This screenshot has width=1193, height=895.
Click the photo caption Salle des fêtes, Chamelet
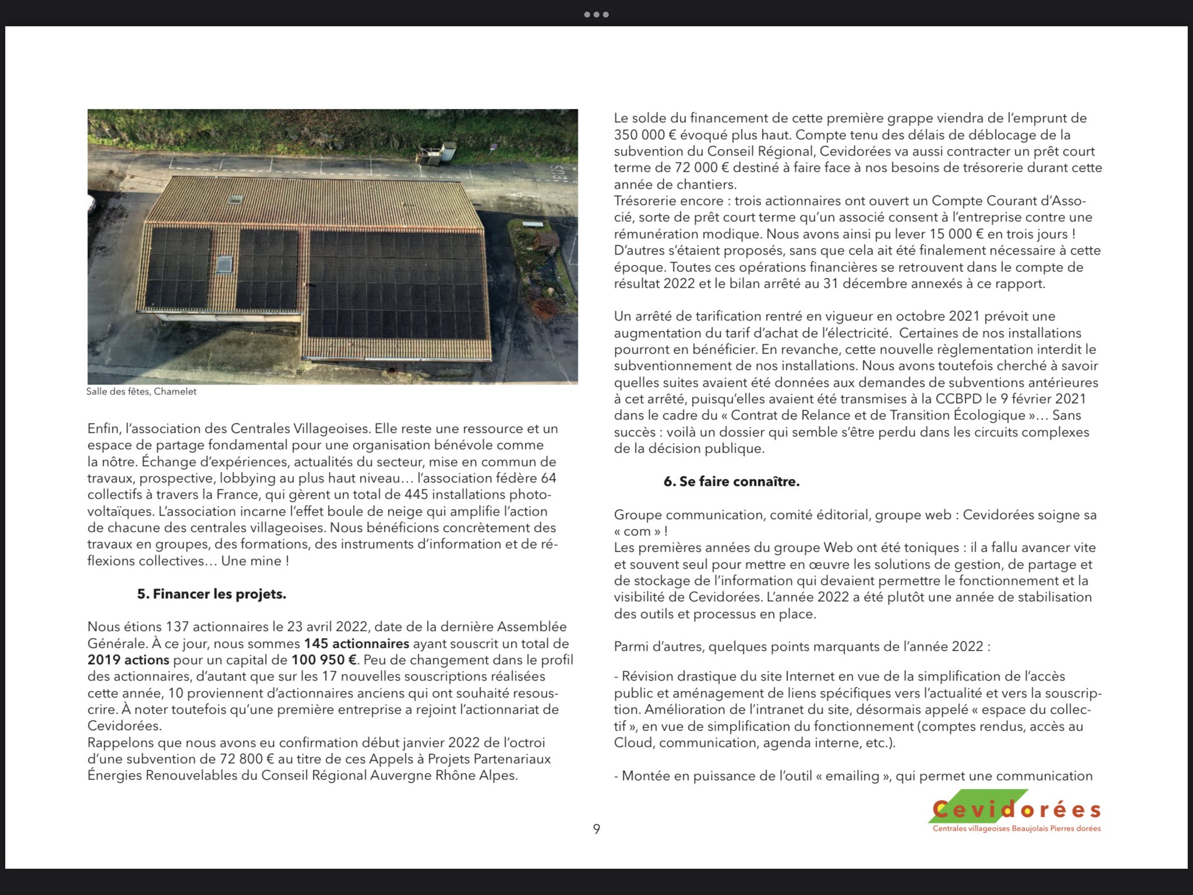pos(142,392)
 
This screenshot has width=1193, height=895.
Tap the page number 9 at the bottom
pos(596,829)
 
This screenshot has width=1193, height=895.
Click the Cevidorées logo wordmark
pos(1016,810)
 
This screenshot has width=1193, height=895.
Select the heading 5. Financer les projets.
pos(211,594)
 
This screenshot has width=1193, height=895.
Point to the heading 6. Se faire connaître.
pos(731,482)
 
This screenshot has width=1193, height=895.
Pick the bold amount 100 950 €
pos(324,660)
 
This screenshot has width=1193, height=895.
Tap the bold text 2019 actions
pos(128,660)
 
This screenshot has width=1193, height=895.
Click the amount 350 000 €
pos(643,135)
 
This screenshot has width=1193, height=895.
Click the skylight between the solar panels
pos(224,264)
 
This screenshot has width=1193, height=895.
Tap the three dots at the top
pos(596,15)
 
